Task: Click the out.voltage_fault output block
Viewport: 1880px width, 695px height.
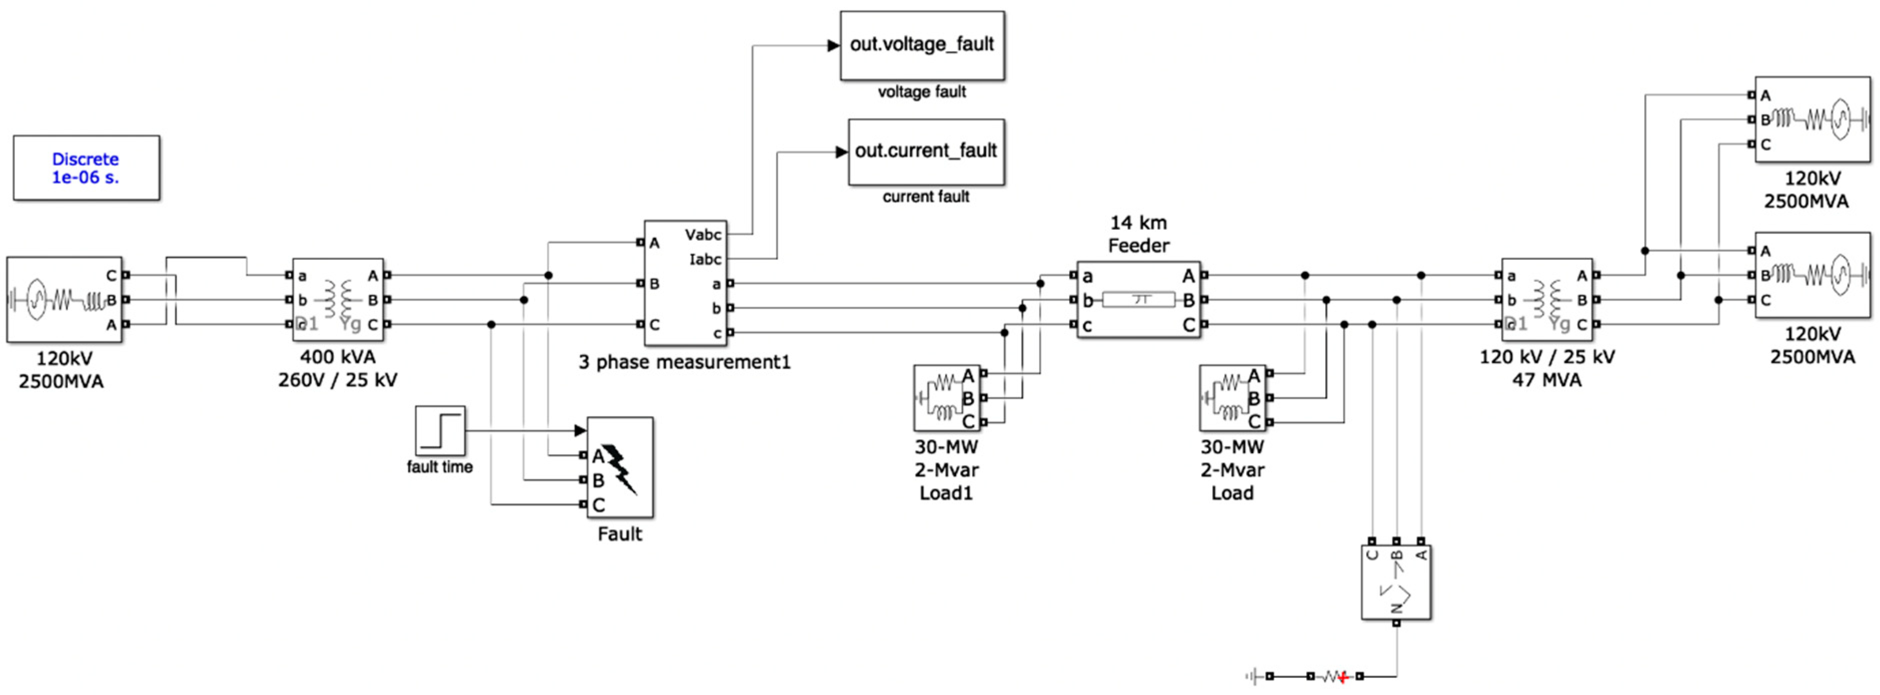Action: (x=922, y=45)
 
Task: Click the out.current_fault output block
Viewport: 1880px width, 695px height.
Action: (x=925, y=152)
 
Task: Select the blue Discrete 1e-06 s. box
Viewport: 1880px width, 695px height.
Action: (x=86, y=168)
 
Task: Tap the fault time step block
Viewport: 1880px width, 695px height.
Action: (x=440, y=431)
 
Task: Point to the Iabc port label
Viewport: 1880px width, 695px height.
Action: (x=705, y=259)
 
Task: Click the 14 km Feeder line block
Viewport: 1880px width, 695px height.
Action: (x=1138, y=299)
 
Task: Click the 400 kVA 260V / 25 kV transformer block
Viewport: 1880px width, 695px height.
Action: (x=338, y=299)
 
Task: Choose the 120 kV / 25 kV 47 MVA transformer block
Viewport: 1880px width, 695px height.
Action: (x=1546, y=299)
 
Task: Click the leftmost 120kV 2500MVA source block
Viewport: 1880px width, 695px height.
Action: (x=64, y=299)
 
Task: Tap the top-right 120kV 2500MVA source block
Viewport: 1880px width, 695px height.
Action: (x=1811, y=119)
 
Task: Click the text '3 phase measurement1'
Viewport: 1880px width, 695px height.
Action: (x=684, y=362)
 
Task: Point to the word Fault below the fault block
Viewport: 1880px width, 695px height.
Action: (x=620, y=534)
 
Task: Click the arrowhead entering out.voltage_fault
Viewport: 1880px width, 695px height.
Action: (x=833, y=45)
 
